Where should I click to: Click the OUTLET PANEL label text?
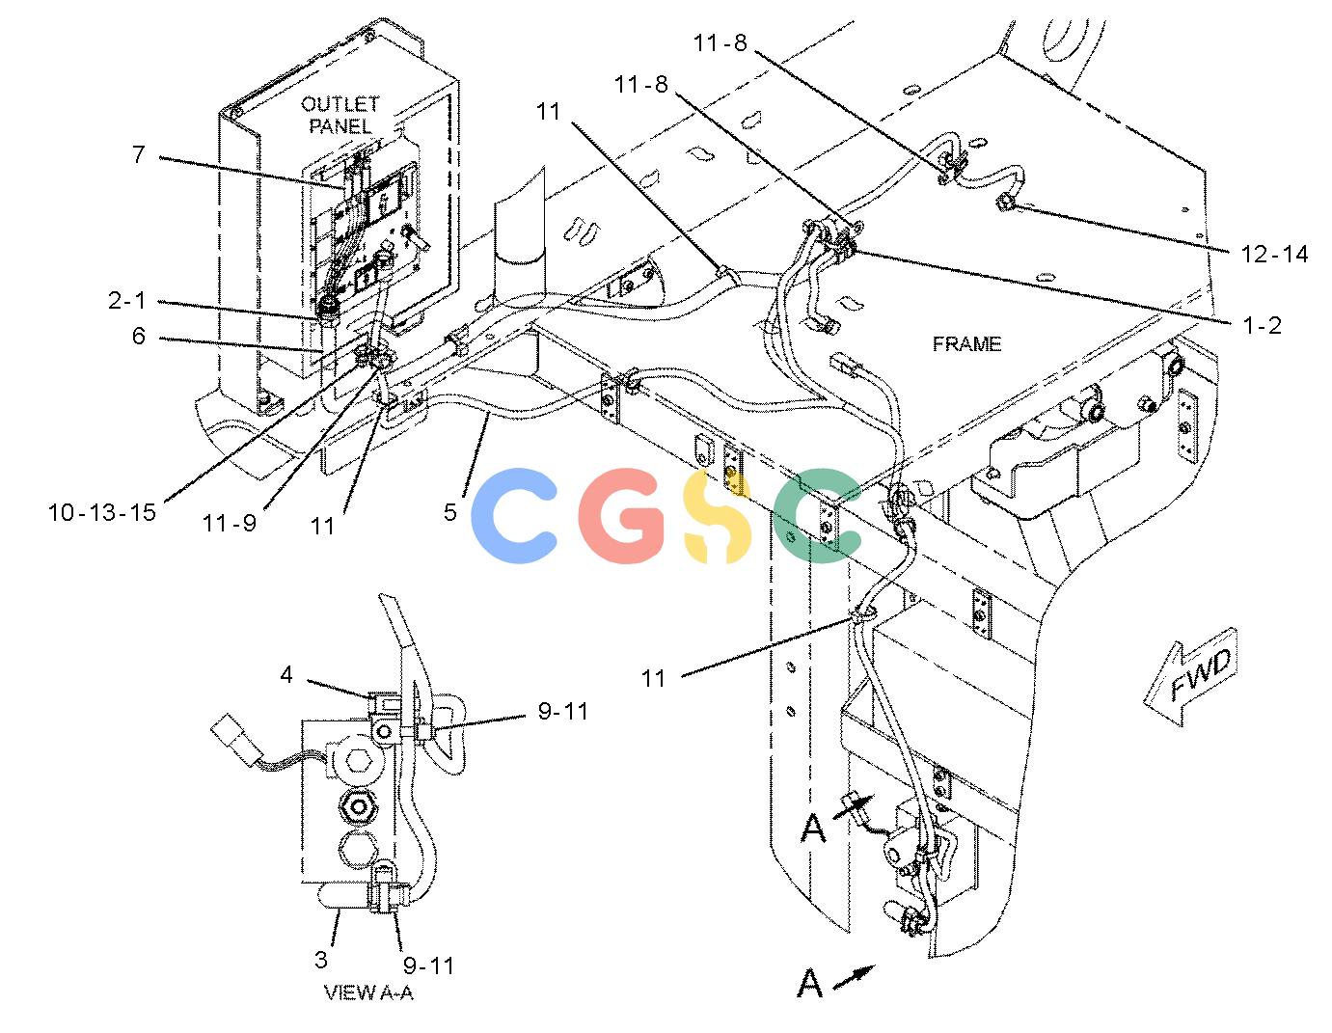point(340,115)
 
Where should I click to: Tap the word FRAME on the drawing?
point(966,344)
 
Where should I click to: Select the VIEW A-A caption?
point(367,992)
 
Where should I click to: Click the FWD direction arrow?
point(1191,676)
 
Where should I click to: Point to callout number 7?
point(139,154)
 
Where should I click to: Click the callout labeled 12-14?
point(1274,254)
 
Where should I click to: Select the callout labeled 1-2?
point(1263,325)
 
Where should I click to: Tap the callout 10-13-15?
point(102,512)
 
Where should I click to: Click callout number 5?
point(450,512)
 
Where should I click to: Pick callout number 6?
point(139,336)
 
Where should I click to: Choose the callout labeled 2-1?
point(127,300)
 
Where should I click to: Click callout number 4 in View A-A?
point(286,675)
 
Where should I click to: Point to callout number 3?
point(320,960)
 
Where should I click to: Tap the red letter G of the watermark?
point(620,516)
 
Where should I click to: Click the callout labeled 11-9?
point(230,523)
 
